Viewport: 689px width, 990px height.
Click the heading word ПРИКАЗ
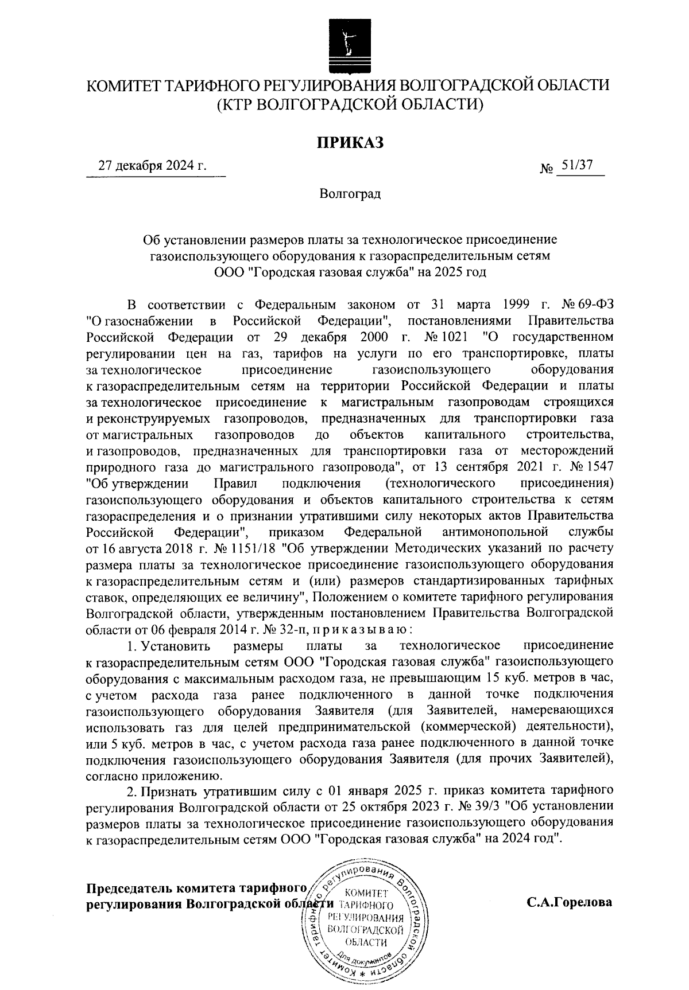349,142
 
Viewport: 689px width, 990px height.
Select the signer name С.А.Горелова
570,902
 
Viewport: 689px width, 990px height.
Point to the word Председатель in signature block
127,888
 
